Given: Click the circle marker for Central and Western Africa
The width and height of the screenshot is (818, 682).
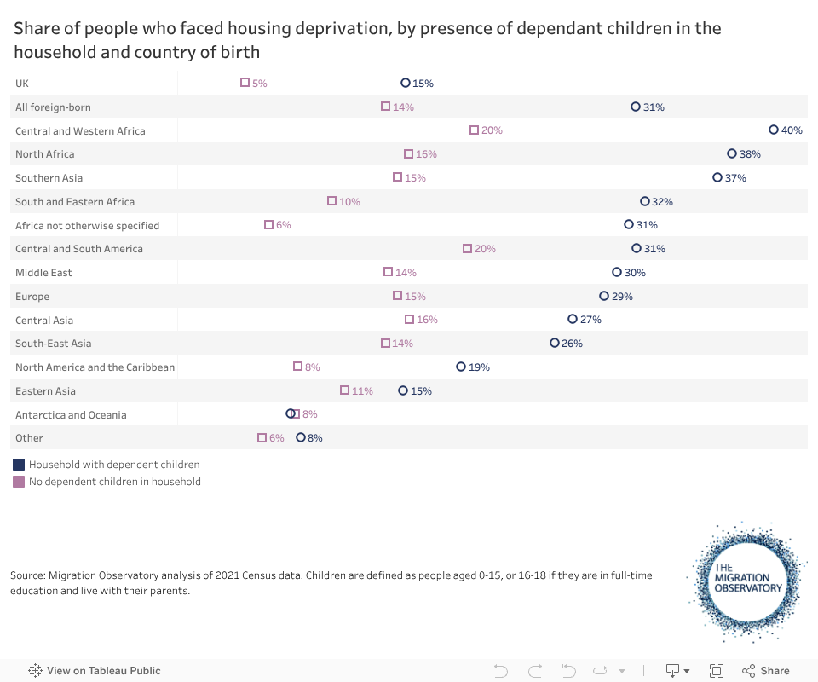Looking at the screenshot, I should point(774,130).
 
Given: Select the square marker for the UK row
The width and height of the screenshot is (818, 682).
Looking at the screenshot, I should point(245,83).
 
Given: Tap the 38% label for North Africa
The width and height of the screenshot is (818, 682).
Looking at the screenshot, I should point(750,154).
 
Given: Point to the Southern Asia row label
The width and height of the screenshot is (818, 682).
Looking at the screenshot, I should point(49,178).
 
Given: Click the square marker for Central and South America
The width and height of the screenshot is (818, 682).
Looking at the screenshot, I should point(467,249).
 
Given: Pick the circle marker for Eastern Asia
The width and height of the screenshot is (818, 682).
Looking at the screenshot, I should point(403,390).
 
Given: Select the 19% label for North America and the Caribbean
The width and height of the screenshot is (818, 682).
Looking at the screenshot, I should point(479,367).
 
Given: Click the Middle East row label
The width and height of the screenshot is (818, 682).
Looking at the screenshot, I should point(43,273).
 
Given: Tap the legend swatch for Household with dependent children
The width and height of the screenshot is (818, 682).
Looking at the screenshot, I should point(19,465).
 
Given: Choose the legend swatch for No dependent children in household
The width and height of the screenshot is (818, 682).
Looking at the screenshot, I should point(19,482).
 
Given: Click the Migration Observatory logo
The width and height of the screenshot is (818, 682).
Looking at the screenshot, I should point(747,580).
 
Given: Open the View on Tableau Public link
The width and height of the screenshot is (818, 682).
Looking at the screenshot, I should point(95,671).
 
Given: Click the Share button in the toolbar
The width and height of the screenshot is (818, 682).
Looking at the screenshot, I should point(765,671).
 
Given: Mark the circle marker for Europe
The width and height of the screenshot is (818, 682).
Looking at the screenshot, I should point(604,297).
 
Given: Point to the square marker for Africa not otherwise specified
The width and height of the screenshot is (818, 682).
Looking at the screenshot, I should point(268,225).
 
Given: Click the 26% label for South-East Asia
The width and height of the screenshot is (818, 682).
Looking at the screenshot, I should point(572,344).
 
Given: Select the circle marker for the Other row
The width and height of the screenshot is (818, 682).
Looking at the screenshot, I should point(301,437).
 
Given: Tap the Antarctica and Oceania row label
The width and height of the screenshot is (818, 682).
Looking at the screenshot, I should point(71,415).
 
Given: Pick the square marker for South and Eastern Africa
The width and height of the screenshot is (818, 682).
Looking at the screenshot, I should point(332,201).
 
